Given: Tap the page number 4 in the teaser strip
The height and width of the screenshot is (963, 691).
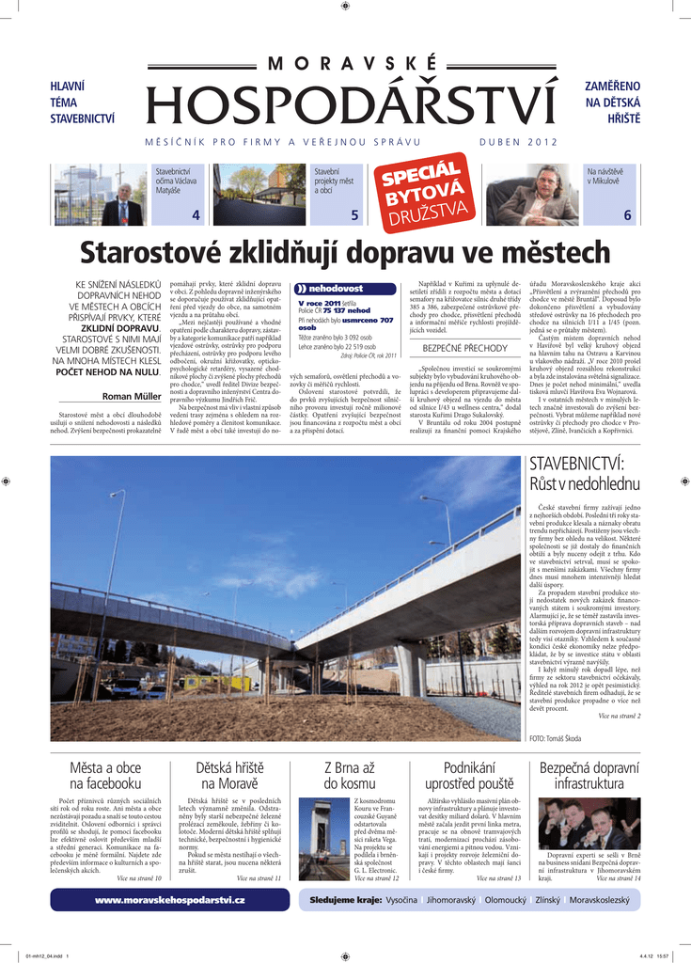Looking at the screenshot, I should click(196, 215).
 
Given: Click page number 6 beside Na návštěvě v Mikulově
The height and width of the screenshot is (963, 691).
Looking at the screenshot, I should click(627, 215).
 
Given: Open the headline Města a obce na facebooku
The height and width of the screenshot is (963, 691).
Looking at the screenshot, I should click(105, 776).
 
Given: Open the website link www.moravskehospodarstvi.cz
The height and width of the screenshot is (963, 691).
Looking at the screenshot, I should click(170, 901).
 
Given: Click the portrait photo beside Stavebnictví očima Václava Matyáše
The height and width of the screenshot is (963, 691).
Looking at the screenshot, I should click(122, 197).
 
